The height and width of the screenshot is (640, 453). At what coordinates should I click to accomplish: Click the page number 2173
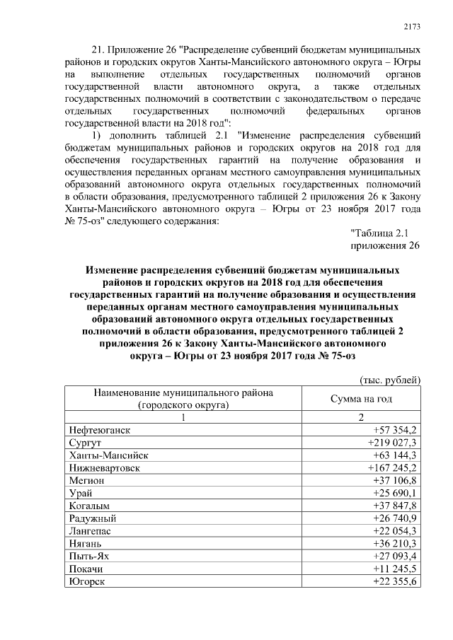tap(412, 27)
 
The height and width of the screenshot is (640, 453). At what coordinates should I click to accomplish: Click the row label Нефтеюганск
tap(99, 429)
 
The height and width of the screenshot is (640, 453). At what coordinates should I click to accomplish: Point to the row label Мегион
tap(86, 480)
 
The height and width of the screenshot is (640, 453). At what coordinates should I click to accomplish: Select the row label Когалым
tap(90, 506)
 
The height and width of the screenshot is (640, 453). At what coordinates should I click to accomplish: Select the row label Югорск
tap(88, 581)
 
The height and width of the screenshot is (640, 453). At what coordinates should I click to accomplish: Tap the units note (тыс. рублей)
tap(390, 380)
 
